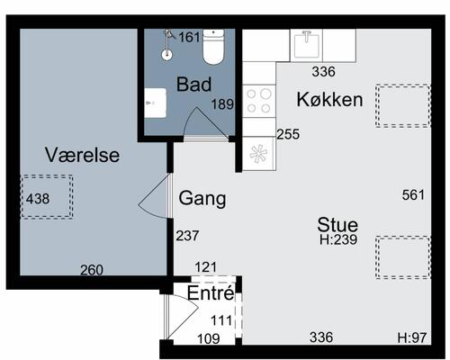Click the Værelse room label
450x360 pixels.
pos(83,155)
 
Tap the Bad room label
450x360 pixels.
pos(193,85)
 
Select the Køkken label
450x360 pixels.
pos(329,99)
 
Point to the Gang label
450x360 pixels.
pos(202,199)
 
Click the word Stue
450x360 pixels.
pos(337,225)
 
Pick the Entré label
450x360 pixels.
pos(211,292)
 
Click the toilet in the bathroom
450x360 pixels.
pos(213,47)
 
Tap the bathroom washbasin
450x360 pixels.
pos(156,103)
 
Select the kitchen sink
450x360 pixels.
pos(306,45)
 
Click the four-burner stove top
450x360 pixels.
pos(259,101)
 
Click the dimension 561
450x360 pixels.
pos(413,195)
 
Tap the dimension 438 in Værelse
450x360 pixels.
pos(38,199)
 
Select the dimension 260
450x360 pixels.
pos(92,270)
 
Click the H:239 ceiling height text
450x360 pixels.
pos(338,239)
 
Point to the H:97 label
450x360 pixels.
pos(412,337)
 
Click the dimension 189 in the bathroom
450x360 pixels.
pos(222,104)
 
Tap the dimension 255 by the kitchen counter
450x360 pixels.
pos(288,134)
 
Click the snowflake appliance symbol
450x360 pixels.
pos(258,154)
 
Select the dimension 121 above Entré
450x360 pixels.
pos(206,267)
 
